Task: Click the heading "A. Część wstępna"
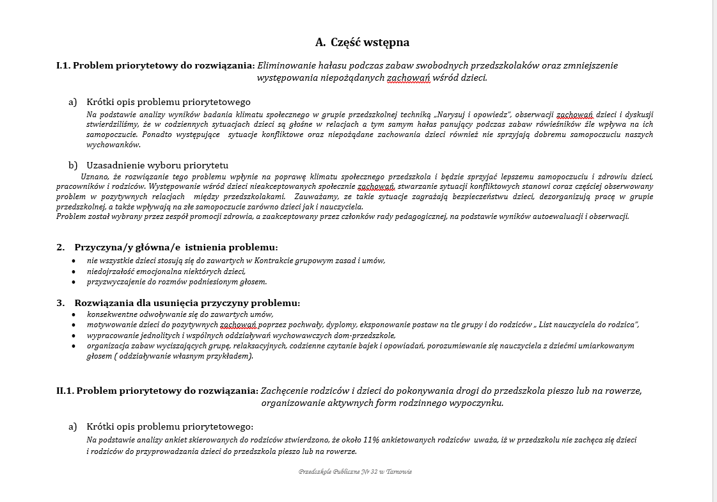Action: click(x=362, y=43)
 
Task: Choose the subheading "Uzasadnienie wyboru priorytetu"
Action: click(x=157, y=165)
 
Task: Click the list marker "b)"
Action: click(x=73, y=165)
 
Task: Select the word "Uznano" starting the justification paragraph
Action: click(x=94, y=176)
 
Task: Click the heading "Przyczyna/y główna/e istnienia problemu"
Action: click(x=176, y=247)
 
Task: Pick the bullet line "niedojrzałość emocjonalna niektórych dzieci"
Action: click(x=166, y=271)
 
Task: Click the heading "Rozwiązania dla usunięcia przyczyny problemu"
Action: click(x=187, y=303)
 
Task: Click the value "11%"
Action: click(x=372, y=441)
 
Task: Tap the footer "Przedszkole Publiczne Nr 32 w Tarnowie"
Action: click(x=355, y=472)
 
